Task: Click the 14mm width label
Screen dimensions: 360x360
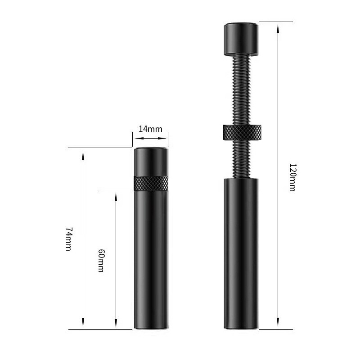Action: point(150,129)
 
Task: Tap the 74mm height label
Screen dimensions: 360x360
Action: point(69,239)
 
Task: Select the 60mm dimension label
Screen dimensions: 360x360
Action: point(101,261)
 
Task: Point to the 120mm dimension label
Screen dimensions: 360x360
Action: point(292,177)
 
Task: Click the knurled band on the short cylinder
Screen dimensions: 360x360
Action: point(151,184)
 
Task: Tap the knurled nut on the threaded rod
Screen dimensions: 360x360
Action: point(242,132)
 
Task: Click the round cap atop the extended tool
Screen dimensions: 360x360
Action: point(241,39)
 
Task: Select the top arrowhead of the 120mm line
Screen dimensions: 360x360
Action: point(278,28)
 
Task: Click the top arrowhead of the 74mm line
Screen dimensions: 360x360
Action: point(83,156)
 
